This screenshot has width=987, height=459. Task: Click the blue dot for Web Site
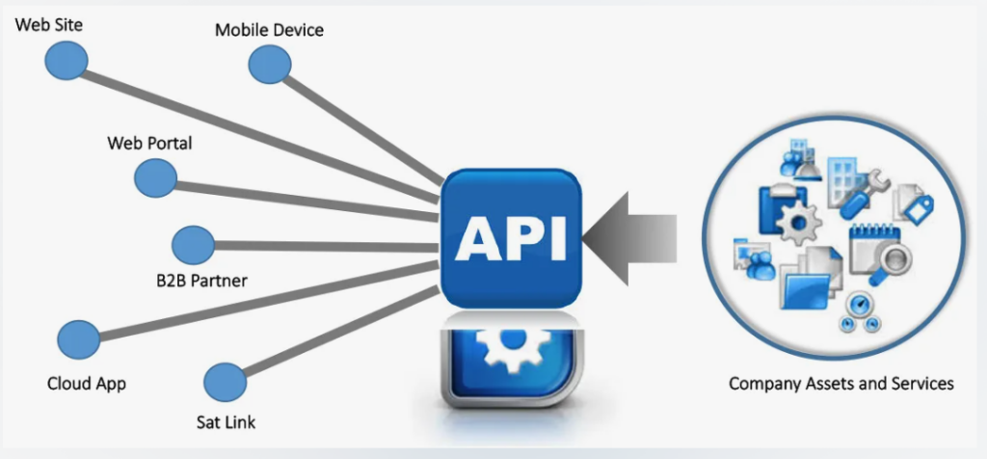(66, 62)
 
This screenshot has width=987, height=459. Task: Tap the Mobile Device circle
(269, 65)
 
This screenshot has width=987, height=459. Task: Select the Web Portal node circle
(155, 177)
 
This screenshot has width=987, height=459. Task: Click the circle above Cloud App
(78, 339)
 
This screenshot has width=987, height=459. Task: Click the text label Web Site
(48, 24)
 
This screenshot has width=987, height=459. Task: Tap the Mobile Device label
(269, 30)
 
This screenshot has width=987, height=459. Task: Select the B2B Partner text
(201, 282)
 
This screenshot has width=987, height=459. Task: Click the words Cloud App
(87, 384)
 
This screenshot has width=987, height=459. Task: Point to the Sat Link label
(227, 422)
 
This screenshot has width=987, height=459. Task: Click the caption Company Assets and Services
(840, 384)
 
